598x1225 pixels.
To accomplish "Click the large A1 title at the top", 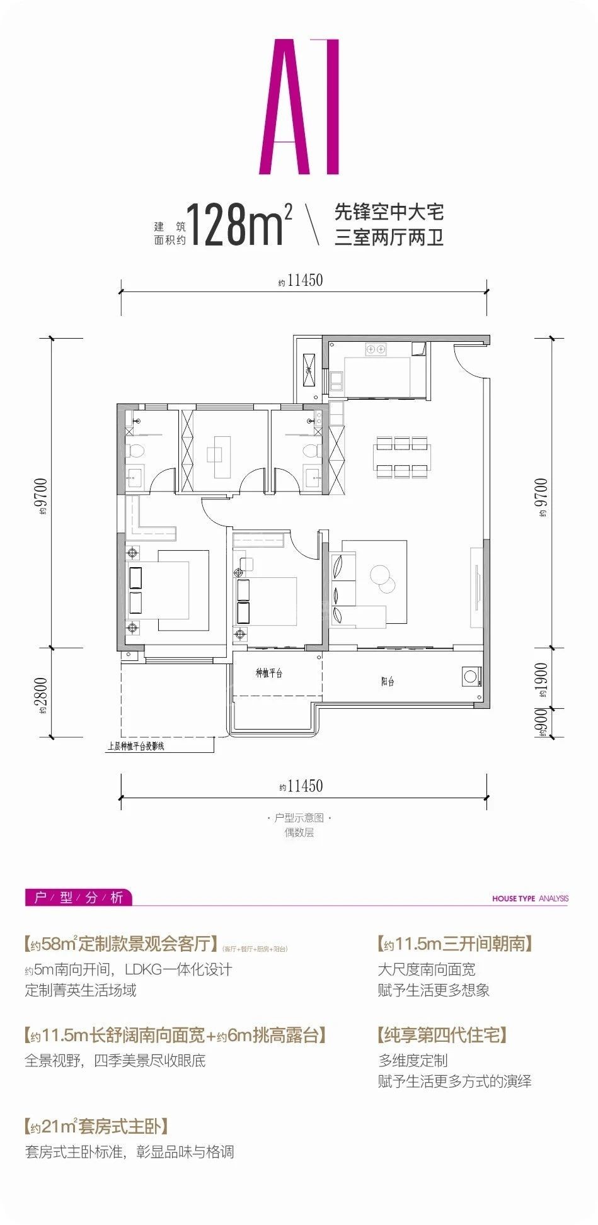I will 299,107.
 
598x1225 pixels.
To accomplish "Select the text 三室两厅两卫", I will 389,238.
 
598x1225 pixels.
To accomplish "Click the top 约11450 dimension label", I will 301,281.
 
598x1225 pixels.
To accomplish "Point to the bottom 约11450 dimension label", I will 301,786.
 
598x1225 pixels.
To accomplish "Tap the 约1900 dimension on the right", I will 541,680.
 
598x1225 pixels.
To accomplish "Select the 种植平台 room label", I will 269,673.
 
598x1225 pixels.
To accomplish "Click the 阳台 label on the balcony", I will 388,681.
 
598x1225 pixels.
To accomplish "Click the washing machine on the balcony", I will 470,677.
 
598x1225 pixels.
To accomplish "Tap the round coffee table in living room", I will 381,576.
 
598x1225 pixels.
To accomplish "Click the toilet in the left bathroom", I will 135,451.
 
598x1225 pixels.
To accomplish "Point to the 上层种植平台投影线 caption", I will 136,747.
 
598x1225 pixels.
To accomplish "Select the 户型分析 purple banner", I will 79,897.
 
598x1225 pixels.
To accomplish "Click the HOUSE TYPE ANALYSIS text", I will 530,898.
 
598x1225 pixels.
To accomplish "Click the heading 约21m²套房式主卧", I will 96,1126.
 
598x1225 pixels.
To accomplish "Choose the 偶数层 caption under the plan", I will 299,832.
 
